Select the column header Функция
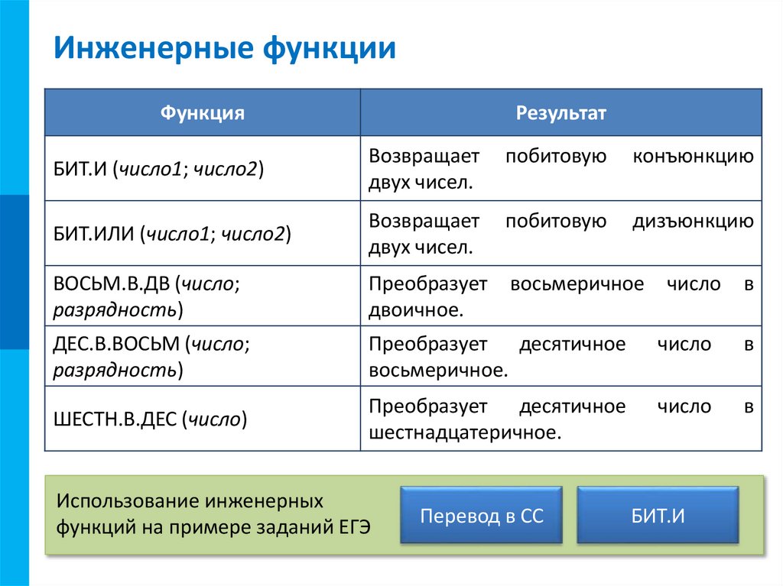(202, 113)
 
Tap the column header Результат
(560, 113)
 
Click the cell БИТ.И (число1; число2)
(158, 168)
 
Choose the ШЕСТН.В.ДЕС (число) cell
(150, 419)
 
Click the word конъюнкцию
(693, 157)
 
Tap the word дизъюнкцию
(693, 222)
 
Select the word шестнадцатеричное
(465, 433)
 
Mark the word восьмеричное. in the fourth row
(438, 371)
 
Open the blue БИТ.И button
(658, 516)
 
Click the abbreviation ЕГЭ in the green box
(354, 528)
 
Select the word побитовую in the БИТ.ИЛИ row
(556, 222)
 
